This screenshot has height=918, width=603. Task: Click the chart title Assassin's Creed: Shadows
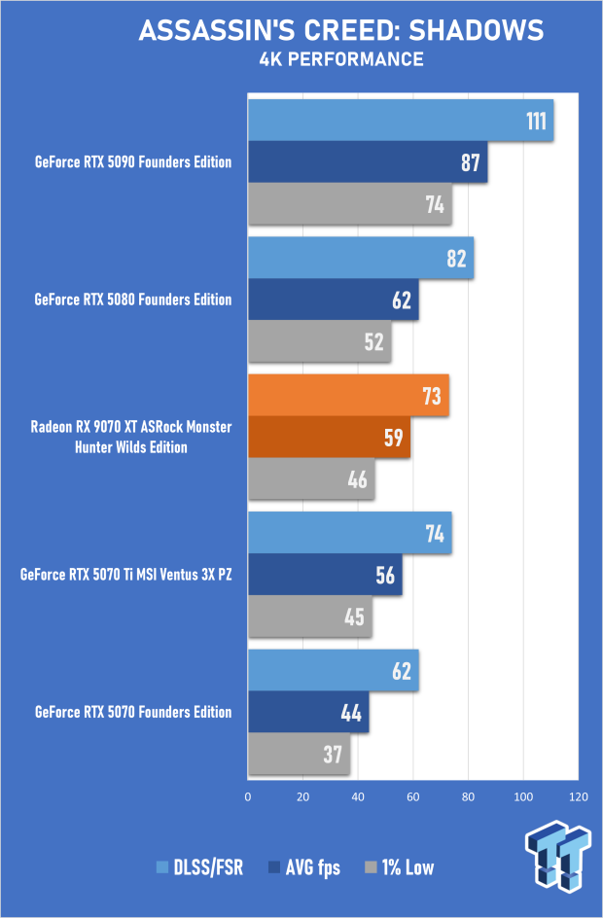(340, 30)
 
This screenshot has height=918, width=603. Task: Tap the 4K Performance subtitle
(340, 60)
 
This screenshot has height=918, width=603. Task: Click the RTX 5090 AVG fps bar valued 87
(368, 162)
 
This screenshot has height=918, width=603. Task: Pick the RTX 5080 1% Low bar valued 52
(319, 341)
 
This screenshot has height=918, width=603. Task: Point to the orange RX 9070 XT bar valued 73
(348, 396)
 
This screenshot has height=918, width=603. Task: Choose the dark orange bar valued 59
(329, 438)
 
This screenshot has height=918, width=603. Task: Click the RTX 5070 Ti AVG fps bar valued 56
(325, 575)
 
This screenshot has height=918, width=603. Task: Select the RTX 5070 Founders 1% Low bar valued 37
(299, 754)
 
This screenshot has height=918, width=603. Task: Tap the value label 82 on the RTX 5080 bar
(456, 259)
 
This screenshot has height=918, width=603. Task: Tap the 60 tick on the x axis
(413, 797)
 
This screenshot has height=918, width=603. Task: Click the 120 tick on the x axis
(579, 797)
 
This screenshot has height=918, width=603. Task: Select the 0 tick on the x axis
(248, 797)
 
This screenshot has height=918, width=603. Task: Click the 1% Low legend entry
(398, 867)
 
